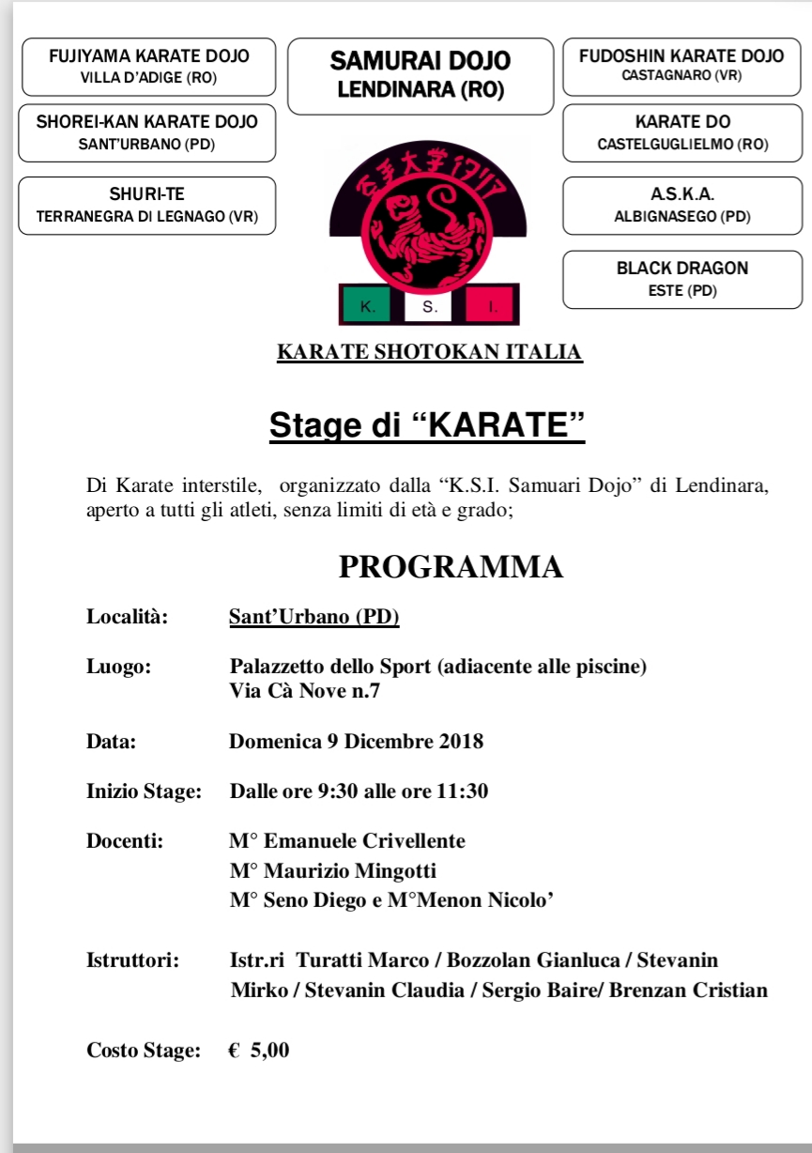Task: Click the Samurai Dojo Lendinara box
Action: (x=420, y=76)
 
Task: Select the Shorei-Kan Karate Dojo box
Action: (x=146, y=132)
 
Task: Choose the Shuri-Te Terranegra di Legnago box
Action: (x=146, y=206)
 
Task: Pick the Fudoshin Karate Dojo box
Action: (x=682, y=66)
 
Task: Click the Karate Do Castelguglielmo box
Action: (x=682, y=132)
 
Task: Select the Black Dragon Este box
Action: (x=682, y=279)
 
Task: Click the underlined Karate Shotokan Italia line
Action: (x=430, y=353)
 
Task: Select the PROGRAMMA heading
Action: (x=451, y=567)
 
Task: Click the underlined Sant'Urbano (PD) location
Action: (x=314, y=617)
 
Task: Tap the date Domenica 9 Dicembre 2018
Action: (x=356, y=741)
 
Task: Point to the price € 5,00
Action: (x=259, y=1051)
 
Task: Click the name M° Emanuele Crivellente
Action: (x=347, y=840)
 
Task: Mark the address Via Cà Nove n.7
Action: (x=305, y=692)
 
